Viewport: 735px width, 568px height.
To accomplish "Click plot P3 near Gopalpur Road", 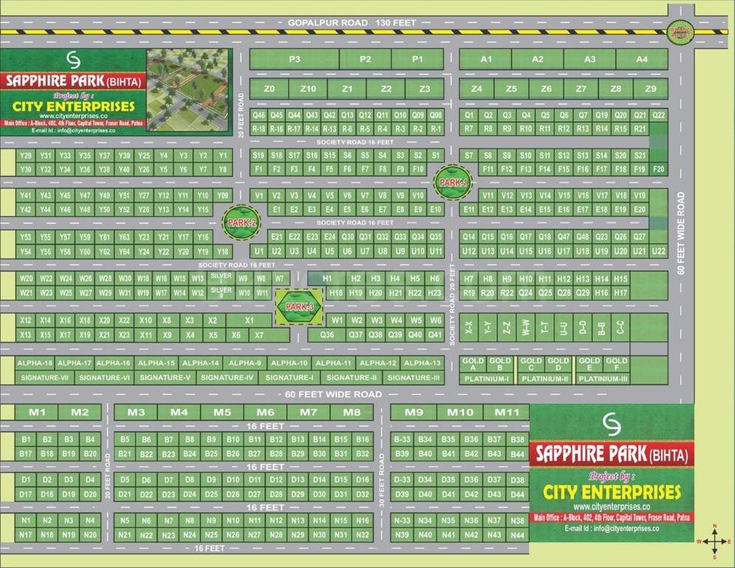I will pos(294,59).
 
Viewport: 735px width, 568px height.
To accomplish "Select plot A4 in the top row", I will pos(641,59).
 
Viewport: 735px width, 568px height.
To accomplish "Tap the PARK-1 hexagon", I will pos(451,182).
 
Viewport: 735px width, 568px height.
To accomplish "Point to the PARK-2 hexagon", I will pos(242,223).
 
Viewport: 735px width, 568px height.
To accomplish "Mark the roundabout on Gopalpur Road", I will pos(678,31).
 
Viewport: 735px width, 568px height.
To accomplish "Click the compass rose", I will pos(714,542).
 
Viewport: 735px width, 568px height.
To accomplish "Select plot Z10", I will pos(308,89).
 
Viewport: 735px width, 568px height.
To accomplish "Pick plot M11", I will pos(507,412).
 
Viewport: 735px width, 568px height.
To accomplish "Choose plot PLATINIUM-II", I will pos(544,379).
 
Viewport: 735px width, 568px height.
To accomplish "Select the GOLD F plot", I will pos(615,364).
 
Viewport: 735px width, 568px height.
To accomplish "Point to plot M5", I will pos(222,412).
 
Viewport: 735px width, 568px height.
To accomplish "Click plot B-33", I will pos(402,439).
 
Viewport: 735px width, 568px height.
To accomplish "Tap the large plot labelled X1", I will pos(249,320).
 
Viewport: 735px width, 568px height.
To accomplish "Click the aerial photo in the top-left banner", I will pos(188,89).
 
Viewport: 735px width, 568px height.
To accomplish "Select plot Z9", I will pos(650,89).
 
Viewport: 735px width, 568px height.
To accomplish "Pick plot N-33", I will pos(402,521).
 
